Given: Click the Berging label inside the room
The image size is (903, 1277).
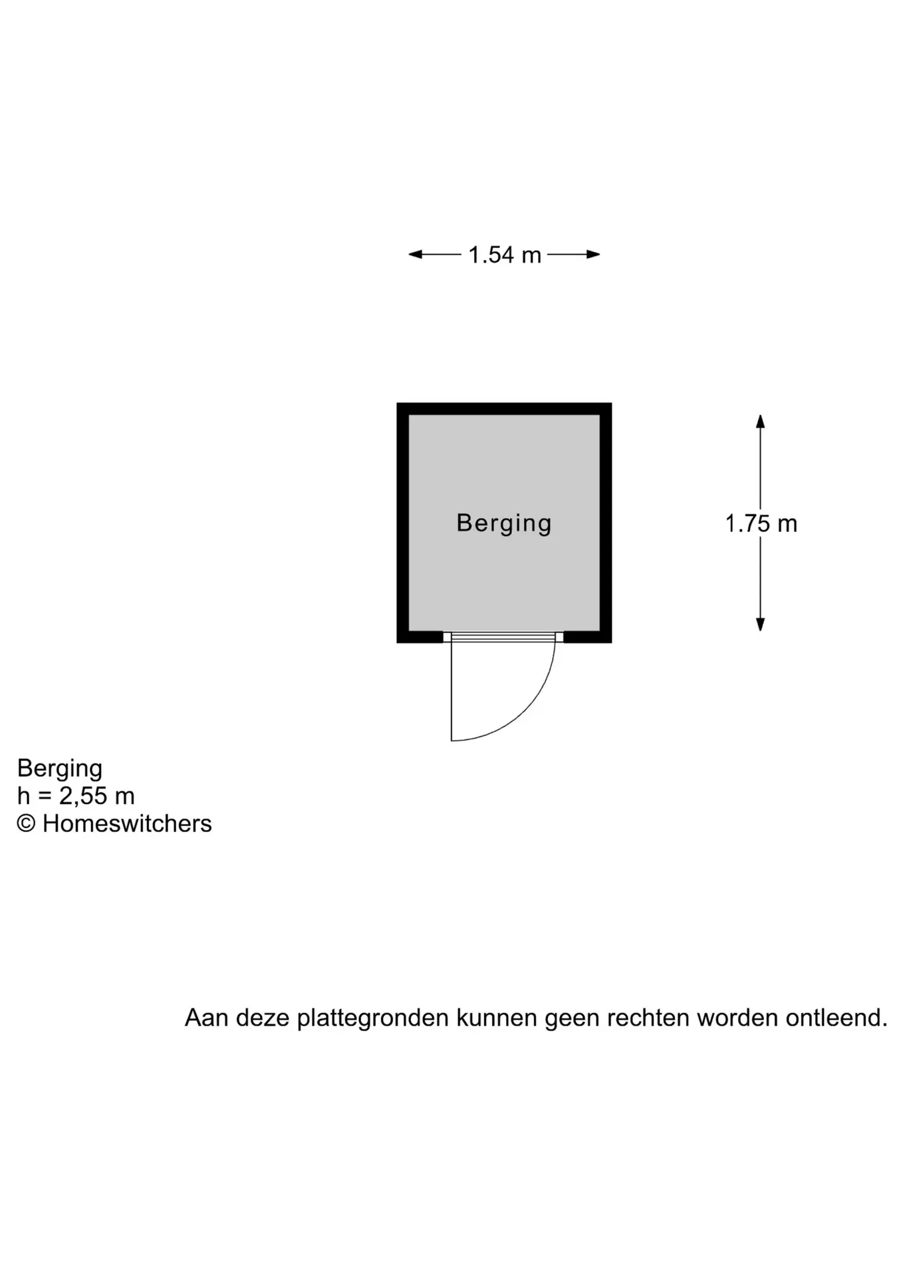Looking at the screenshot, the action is point(504,523).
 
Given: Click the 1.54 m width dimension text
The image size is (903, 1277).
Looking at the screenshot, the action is point(505,255).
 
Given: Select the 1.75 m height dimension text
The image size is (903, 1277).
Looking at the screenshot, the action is point(761,523).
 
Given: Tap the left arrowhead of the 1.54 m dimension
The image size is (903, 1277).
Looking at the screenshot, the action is point(416,254).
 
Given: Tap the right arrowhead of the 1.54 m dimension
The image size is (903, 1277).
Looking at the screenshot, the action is point(593,254).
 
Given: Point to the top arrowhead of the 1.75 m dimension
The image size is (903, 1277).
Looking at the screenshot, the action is point(760,422).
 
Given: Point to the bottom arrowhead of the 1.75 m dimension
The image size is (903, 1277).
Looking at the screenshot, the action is point(760,624).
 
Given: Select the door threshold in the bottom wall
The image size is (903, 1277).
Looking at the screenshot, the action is point(503,637).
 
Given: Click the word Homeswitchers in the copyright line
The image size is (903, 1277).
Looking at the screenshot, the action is point(127,823).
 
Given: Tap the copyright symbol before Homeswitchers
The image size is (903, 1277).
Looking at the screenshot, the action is point(26,823).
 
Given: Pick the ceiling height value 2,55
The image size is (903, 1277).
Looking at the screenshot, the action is point(83,795).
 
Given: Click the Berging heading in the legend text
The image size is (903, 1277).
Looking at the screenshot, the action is point(59,769).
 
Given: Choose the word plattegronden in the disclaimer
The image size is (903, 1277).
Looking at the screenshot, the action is point(372,1018).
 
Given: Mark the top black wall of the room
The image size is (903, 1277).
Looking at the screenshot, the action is point(504,408).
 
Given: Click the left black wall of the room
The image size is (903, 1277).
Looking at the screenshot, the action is point(403,523).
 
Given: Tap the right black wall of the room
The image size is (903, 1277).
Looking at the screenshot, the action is point(606,523).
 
